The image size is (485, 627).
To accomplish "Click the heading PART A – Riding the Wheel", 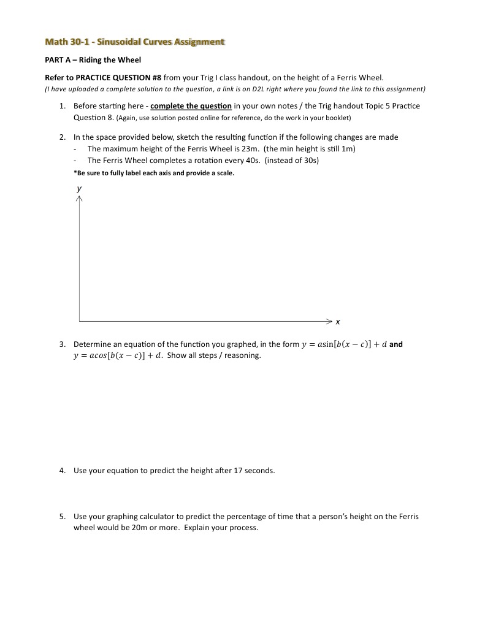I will point(93,60).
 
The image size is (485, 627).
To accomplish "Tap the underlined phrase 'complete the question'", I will point(191,106).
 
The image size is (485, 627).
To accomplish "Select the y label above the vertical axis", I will point(78,189).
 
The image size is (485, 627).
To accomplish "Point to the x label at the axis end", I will point(338,321).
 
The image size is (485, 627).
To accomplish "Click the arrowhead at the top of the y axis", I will point(79,199).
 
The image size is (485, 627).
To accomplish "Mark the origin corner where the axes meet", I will point(79,321).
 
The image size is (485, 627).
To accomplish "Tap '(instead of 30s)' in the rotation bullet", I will point(292,161).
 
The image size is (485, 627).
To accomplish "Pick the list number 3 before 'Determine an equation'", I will point(63,344).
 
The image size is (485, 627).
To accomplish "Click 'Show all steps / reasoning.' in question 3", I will point(214,355).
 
